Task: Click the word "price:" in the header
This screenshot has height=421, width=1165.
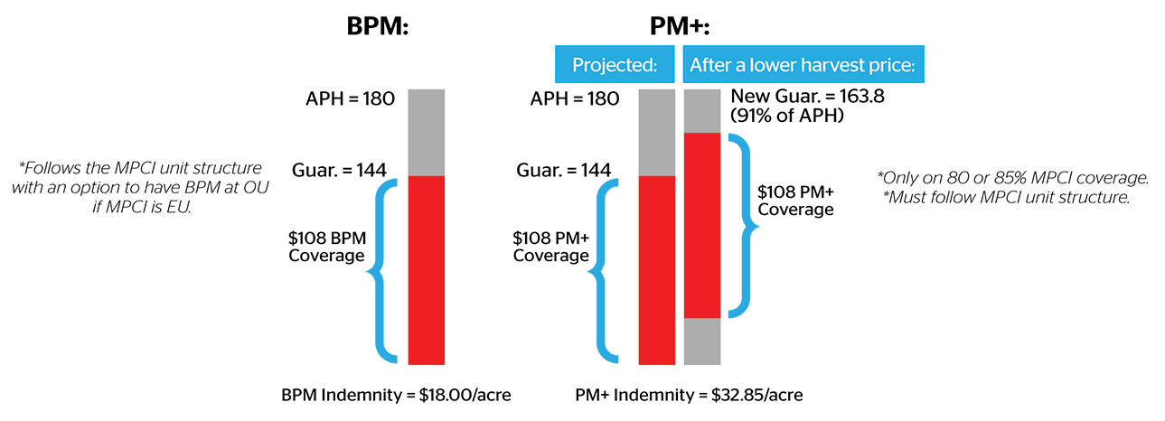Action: pos(894,66)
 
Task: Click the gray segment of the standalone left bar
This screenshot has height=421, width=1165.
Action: pos(427,132)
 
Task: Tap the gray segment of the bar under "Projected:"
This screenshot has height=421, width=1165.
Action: pos(657,132)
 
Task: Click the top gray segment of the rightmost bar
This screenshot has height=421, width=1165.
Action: pos(702,110)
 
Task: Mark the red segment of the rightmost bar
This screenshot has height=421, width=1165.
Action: pos(702,225)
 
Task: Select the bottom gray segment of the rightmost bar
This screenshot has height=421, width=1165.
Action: pos(702,341)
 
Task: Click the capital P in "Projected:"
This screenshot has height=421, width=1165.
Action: pos(578,66)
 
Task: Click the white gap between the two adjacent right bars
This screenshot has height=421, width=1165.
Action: pos(680,226)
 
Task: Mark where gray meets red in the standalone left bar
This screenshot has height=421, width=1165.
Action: pos(427,175)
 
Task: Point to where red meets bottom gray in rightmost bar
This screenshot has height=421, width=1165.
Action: pos(702,318)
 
